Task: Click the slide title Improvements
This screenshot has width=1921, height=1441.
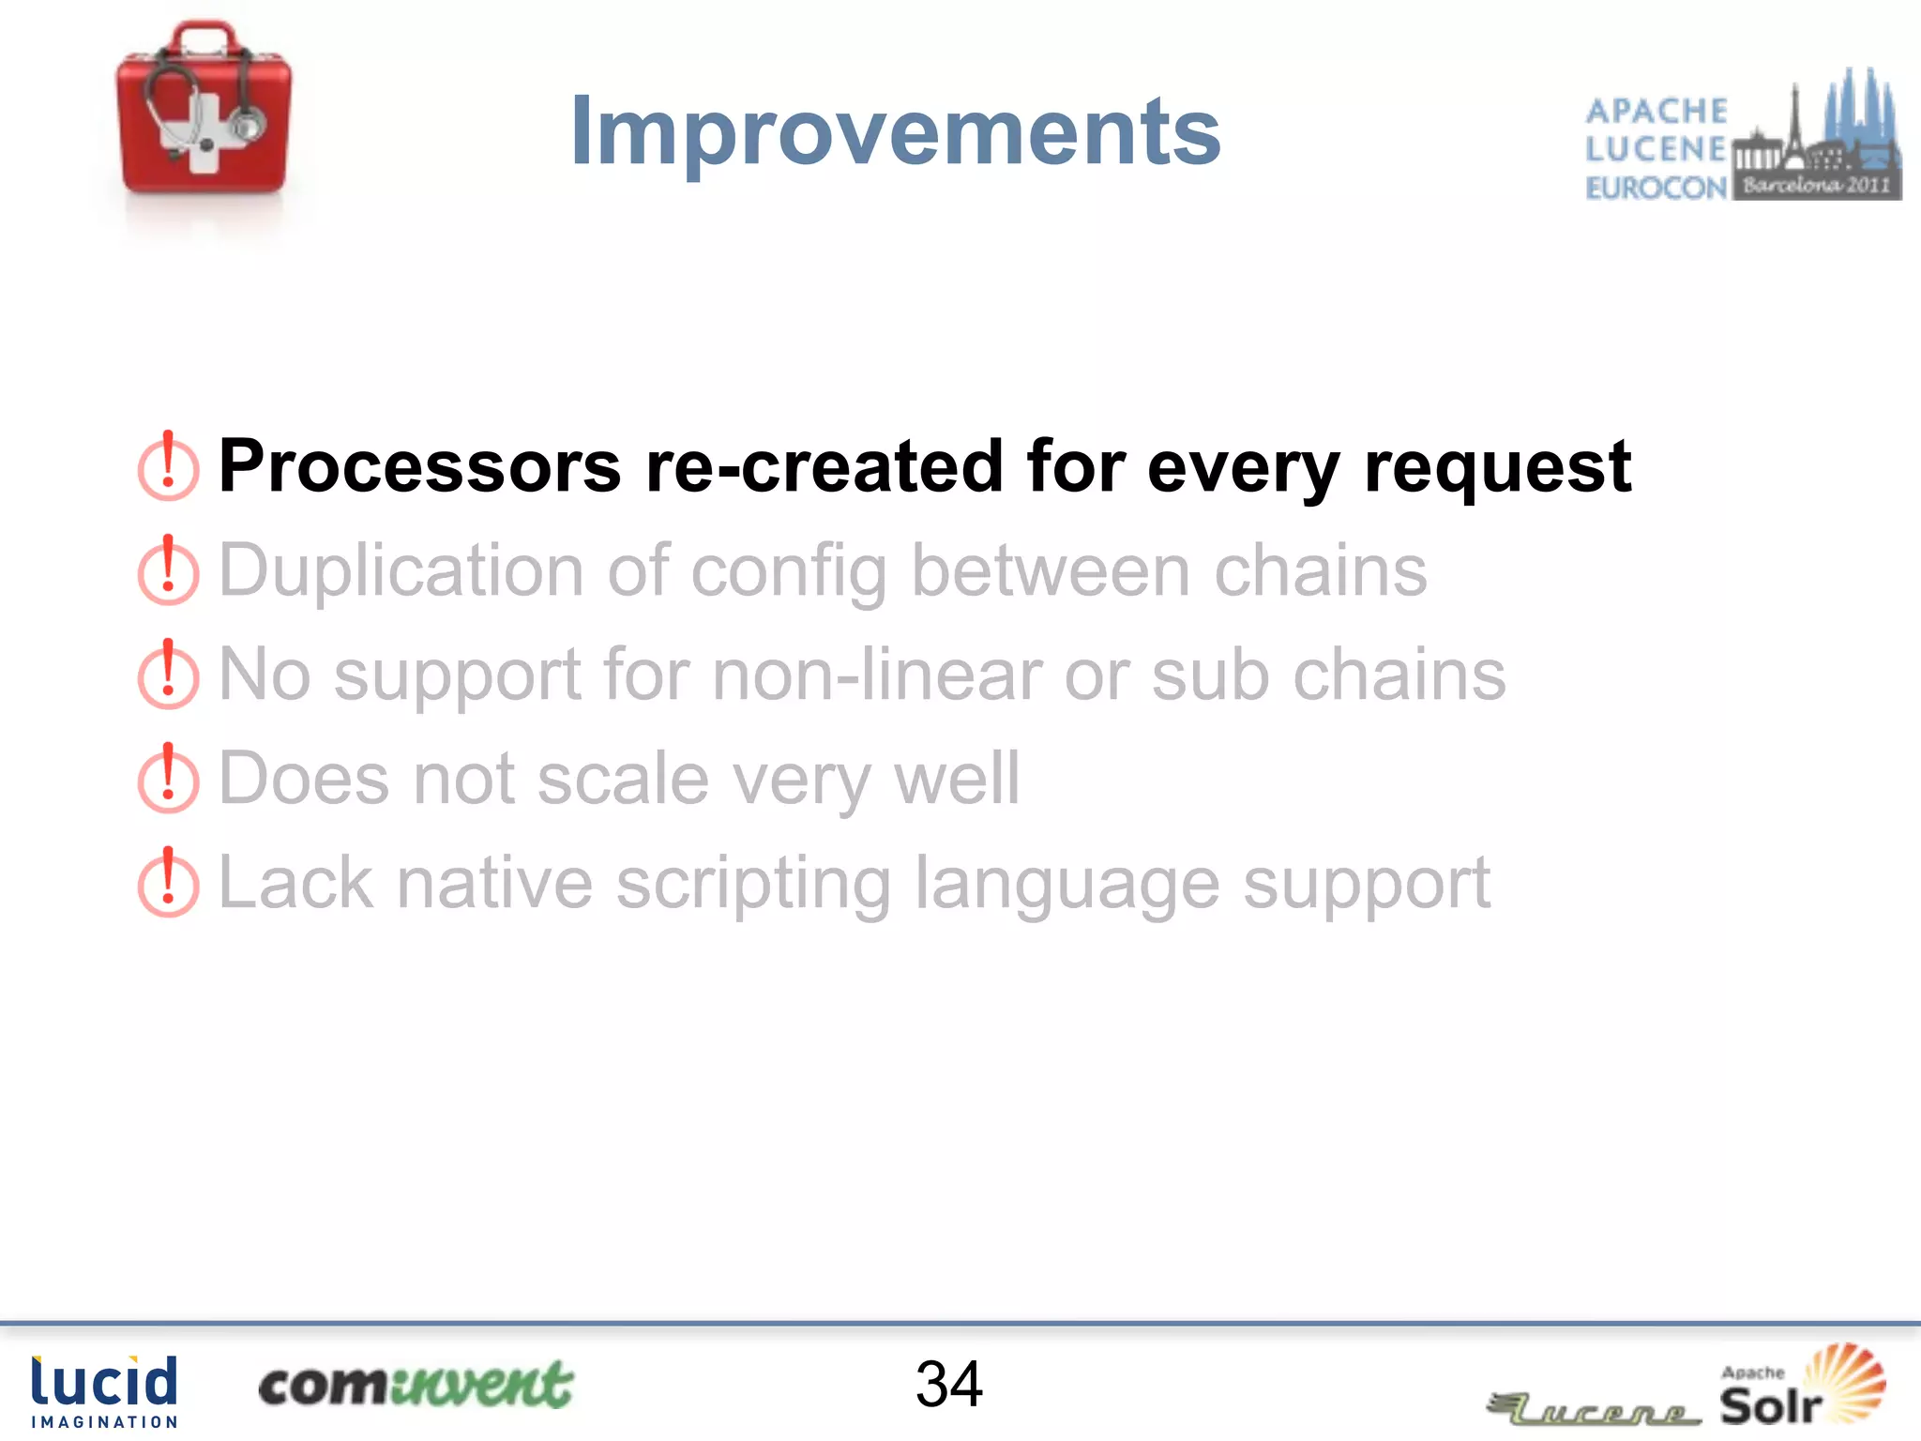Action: point(896,132)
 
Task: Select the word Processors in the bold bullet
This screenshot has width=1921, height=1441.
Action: point(419,466)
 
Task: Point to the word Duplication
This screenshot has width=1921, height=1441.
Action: point(401,570)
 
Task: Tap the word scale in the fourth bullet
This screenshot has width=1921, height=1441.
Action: point(623,780)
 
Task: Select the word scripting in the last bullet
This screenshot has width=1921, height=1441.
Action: point(753,885)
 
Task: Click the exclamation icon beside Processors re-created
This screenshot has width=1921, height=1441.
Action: point(168,466)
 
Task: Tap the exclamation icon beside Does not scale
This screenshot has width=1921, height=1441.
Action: point(168,779)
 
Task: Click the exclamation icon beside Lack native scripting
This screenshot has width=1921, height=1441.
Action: point(168,883)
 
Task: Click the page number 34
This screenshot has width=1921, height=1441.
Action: point(949,1385)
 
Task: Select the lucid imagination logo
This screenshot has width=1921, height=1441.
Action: point(104,1391)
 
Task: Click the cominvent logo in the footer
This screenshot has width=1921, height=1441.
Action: point(416,1385)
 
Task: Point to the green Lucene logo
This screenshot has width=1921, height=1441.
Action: point(1594,1407)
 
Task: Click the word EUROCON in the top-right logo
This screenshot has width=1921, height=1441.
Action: point(1656,189)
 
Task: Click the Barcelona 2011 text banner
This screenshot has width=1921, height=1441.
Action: point(1816,185)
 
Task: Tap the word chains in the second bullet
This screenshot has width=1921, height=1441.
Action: point(1320,570)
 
